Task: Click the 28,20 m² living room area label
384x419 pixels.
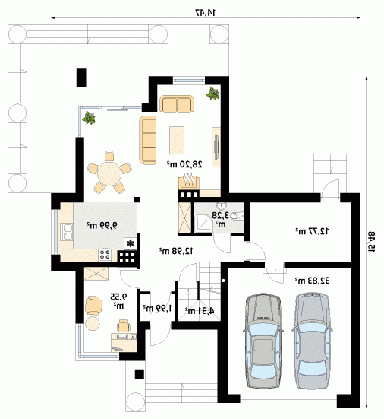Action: click(184, 164)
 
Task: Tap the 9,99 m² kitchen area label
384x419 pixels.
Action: click(102, 225)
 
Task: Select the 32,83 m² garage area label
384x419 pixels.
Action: click(312, 281)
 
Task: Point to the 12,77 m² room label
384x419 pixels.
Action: click(312, 231)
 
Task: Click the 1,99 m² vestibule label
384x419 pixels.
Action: click(158, 308)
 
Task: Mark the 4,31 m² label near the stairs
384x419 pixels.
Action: click(200, 310)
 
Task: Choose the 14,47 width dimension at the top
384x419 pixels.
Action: click(206, 12)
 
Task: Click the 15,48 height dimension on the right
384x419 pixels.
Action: click(371, 242)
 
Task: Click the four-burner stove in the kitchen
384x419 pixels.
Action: click(105, 255)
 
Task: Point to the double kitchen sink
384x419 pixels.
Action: click(67, 232)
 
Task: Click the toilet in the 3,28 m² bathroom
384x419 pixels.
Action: click(237, 216)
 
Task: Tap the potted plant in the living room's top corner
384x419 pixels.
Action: click(212, 94)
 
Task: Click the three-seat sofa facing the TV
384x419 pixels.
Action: click(148, 140)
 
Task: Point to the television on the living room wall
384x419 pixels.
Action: click(216, 147)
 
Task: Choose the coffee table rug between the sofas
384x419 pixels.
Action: click(177, 140)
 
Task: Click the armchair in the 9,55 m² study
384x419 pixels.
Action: click(93, 306)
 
